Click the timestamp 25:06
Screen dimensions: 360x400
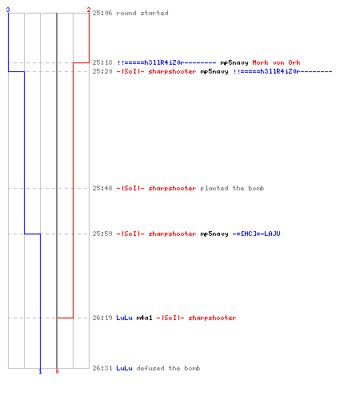pos(102,13)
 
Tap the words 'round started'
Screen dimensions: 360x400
pos(142,13)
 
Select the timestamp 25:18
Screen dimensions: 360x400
pos(102,62)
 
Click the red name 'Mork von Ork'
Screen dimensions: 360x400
pos(276,62)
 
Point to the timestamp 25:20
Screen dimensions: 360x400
pos(102,71)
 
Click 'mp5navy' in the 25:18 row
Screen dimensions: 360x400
pos(234,63)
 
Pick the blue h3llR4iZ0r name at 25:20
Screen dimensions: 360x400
pos(283,71)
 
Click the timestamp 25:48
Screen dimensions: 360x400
pos(102,188)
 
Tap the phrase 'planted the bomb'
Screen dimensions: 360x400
pos(232,188)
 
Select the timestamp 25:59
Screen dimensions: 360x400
pos(102,234)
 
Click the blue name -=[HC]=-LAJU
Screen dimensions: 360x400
pos(256,234)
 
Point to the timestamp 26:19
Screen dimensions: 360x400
pos(102,318)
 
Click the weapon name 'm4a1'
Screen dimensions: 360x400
pos(144,318)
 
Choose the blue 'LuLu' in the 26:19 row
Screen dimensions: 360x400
pos(124,318)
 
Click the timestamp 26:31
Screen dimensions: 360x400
pos(102,368)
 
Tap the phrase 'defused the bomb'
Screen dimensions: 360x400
pos(168,368)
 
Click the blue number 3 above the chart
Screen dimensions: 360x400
pos(8,10)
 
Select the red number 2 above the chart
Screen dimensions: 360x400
pos(89,10)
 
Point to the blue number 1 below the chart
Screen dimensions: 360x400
pos(40,371)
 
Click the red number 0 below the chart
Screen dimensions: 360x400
pos(57,371)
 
